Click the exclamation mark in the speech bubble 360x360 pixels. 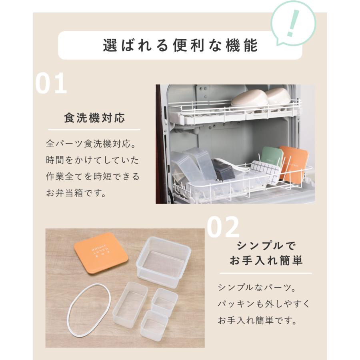coord(293,23)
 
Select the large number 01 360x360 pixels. coord(51,84)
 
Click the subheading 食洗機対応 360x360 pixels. coord(94,118)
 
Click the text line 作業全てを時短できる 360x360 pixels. coord(92,176)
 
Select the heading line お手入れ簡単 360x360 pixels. coord(266,261)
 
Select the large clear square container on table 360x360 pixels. coord(163,262)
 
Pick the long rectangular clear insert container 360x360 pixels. coord(130,304)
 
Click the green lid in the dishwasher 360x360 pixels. coord(272,159)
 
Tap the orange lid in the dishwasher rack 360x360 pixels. coord(294,163)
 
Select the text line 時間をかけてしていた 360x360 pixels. coord(92,160)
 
